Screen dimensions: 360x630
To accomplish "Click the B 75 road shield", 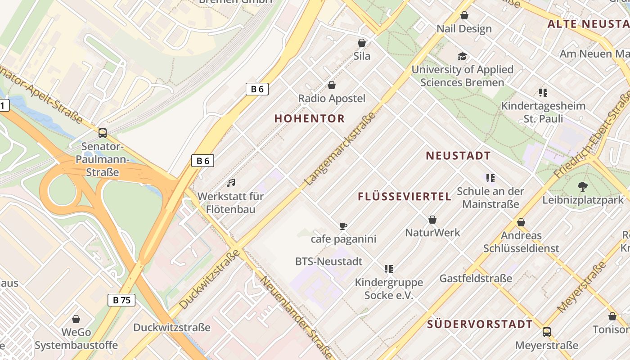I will click(121, 300).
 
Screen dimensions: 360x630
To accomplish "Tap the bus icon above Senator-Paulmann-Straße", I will click(103, 133).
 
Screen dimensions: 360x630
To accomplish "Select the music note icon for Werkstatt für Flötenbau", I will click(231, 183).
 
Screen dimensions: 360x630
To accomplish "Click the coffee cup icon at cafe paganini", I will click(343, 226).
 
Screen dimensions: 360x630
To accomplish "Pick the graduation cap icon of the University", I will click(462, 56).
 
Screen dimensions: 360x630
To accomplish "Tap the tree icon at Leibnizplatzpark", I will click(583, 186).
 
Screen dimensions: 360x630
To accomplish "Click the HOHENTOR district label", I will click(310, 119).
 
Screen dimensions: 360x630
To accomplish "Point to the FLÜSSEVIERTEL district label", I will click(405, 197).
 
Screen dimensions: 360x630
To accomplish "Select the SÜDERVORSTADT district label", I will click(480, 324).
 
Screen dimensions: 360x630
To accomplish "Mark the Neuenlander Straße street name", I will click(297, 317).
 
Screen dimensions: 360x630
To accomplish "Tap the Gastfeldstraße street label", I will click(476, 279).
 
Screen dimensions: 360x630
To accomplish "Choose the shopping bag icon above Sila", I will click(361, 43).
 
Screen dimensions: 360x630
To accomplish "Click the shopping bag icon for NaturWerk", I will click(432, 220).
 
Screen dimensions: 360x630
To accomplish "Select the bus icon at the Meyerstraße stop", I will click(547, 332).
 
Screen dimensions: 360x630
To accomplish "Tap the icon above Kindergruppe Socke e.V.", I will click(389, 269).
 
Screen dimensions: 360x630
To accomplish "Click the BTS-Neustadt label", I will click(328, 261).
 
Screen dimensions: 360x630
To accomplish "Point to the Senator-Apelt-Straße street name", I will click(40, 95).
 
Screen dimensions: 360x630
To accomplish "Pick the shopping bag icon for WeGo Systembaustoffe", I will click(76, 319).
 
